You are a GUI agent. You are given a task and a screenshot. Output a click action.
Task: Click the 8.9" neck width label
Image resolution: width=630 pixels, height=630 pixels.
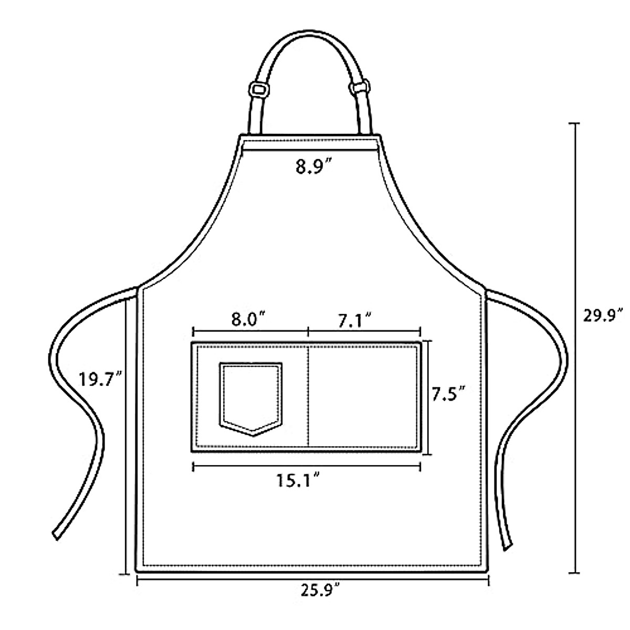313,166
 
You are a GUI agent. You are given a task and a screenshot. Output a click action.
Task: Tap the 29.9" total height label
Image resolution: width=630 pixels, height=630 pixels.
603,316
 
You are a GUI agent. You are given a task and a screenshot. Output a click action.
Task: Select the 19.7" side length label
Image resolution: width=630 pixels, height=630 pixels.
100,380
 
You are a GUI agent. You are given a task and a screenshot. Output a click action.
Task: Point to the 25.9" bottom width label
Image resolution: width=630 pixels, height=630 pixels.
320,590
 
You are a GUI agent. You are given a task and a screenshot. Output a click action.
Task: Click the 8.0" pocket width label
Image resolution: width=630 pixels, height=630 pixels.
248,319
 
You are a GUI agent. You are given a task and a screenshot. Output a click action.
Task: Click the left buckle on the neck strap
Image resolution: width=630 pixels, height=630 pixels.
259,89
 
